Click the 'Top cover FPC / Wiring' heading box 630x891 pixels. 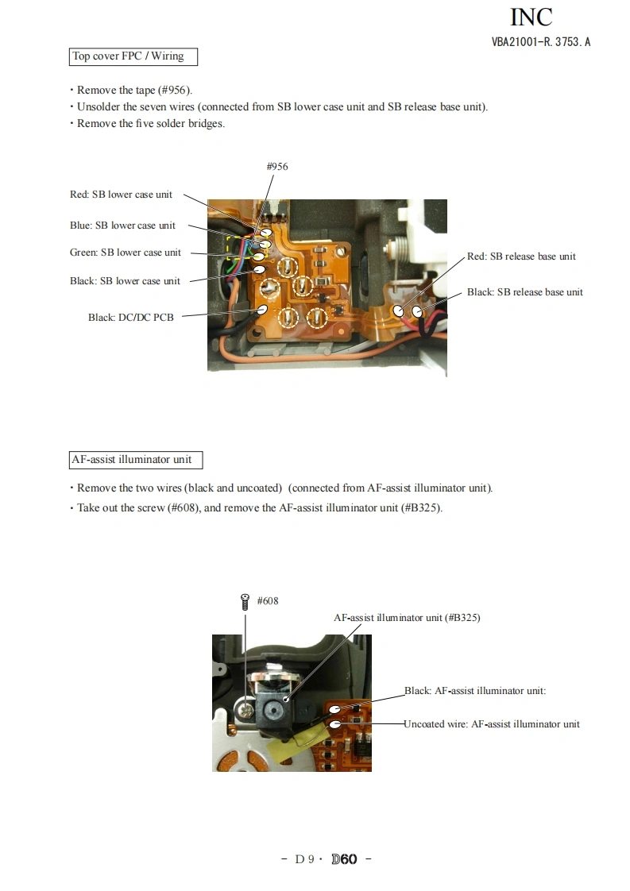coord(133,57)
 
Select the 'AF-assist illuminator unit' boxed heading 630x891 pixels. coord(136,460)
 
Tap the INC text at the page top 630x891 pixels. coord(531,17)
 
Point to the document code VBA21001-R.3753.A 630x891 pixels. coord(541,42)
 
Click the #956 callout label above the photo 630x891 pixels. coord(277,167)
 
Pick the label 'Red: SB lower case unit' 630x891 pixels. coord(121,195)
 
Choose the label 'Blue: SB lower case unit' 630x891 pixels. coord(123,226)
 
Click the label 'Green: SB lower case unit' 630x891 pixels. coord(126,253)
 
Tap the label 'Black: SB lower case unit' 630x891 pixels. coord(125,280)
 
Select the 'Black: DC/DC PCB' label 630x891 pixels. coord(131,317)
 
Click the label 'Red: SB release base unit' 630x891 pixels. coord(521,256)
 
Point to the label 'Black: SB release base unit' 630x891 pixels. coord(525,292)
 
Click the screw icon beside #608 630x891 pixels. coord(245,602)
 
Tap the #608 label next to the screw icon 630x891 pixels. coord(268,601)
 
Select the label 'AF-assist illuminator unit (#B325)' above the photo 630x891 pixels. coord(407,618)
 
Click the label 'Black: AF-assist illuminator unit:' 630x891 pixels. coord(475,691)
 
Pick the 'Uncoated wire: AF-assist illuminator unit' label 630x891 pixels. coord(492,724)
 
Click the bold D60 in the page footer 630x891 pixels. coord(344,859)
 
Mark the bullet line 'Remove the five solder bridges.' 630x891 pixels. coord(148,124)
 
